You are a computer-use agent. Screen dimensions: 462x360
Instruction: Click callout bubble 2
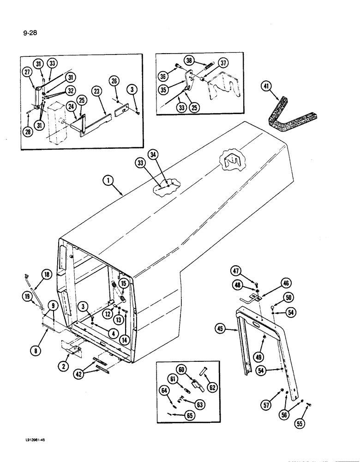point(64,366)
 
